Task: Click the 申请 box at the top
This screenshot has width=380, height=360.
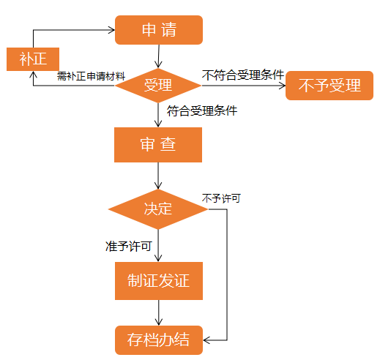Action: (159, 30)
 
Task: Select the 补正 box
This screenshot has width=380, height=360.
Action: (33, 59)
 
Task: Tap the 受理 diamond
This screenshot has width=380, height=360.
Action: (158, 86)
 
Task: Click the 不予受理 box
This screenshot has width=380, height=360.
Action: (329, 86)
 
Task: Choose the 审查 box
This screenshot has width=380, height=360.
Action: (158, 145)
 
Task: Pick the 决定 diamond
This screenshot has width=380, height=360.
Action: (158, 209)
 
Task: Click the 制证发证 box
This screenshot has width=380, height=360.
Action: (159, 281)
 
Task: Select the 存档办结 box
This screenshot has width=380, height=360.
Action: (159, 340)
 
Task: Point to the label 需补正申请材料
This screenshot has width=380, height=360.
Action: (91, 76)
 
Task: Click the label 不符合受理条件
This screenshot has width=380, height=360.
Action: (243, 75)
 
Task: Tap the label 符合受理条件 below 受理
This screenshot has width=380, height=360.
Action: (202, 111)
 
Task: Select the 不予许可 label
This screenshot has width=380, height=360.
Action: (221, 198)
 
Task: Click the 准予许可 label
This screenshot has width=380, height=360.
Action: (129, 247)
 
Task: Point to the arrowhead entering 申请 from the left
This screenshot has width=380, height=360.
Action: (112, 30)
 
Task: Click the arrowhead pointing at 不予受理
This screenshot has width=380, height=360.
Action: (283, 86)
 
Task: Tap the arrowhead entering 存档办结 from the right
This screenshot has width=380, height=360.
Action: (206, 340)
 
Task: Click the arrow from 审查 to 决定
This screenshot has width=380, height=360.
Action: (158, 176)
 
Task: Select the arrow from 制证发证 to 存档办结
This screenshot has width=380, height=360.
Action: (159, 312)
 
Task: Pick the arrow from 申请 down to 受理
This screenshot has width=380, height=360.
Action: (159, 56)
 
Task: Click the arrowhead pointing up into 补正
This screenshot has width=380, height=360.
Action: (33, 75)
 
